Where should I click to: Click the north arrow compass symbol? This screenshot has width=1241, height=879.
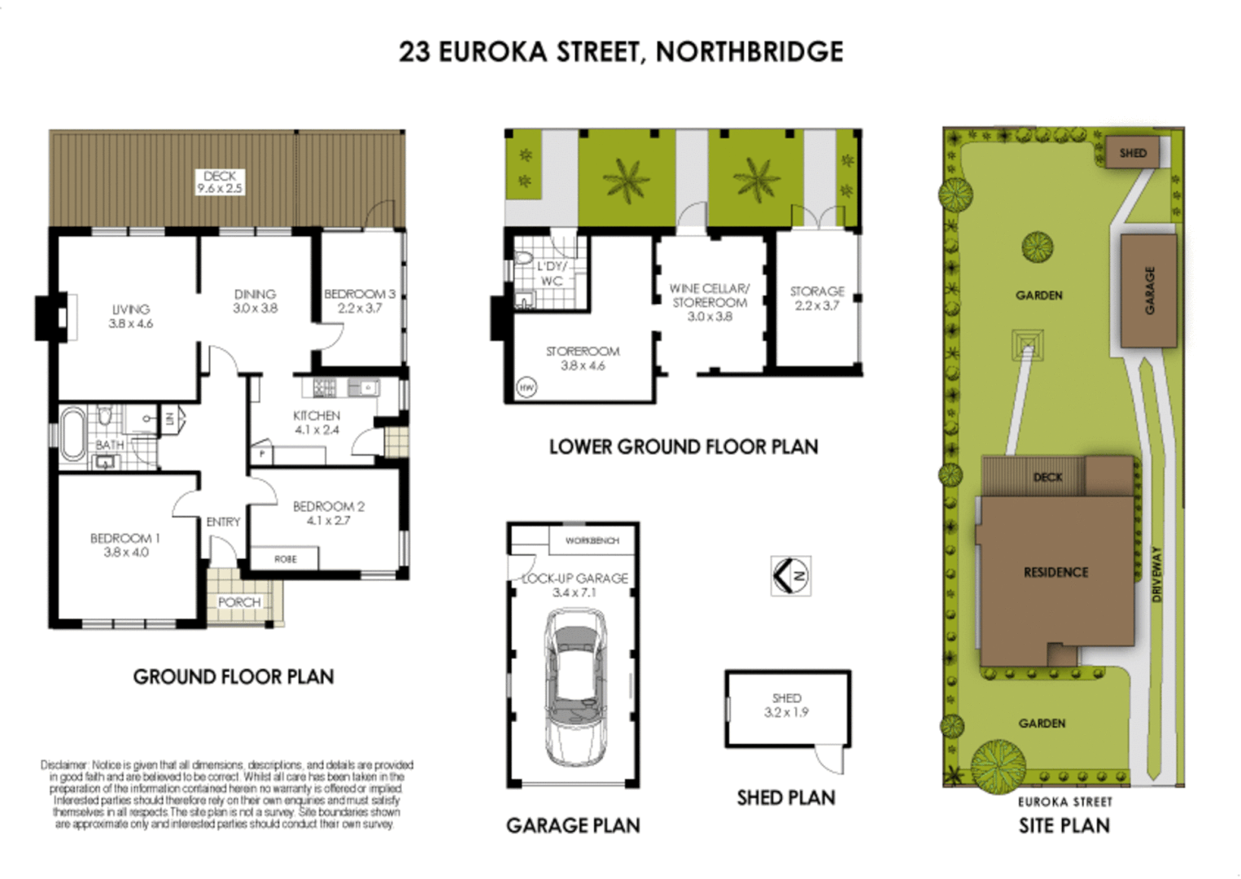point(790,576)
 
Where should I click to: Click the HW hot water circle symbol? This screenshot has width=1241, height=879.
point(527,388)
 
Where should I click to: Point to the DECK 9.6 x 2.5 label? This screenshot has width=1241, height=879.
point(220,181)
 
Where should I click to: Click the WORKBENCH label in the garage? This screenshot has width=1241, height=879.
point(592,540)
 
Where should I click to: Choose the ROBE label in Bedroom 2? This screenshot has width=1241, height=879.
point(285,559)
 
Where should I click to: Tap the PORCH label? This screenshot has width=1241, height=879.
point(239,602)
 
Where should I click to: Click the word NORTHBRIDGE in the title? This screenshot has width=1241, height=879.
point(749,52)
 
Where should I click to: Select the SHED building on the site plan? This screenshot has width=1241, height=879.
point(1132,153)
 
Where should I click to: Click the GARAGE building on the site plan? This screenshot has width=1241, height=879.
point(1148,291)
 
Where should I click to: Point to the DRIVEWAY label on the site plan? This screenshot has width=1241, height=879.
point(1156,574)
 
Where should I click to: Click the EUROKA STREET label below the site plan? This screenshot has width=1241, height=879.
point(1064,802)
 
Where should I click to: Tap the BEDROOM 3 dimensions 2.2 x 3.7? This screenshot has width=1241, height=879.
point(360,308)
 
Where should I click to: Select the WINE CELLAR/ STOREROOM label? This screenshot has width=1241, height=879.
point(709,295)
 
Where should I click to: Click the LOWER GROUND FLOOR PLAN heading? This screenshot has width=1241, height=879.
point(683,447)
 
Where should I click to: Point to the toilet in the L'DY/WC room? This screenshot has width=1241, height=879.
point(524,259)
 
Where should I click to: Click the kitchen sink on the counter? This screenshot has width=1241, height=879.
point(364,388)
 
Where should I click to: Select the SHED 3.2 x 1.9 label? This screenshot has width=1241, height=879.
point(786,705)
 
